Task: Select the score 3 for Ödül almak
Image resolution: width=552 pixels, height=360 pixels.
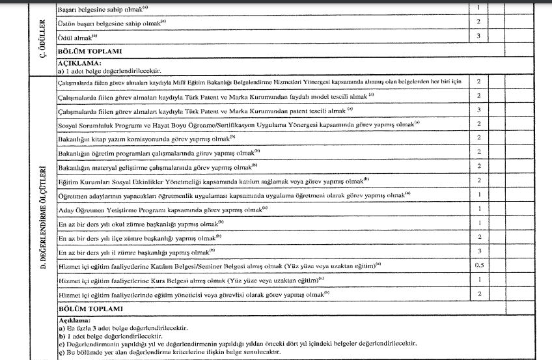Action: click(478, 36)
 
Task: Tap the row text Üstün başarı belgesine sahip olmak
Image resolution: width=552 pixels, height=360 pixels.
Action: click(113, 22)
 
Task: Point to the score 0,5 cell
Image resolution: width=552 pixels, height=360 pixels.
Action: click(478, 266)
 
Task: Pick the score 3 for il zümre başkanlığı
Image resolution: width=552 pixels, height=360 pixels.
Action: click(478, 251)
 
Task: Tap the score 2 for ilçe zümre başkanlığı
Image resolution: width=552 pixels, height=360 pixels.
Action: click(478, 237)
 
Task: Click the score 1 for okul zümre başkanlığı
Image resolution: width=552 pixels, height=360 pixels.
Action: click(478, 223)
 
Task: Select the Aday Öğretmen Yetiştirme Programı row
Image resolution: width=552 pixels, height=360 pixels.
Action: click(163, 209)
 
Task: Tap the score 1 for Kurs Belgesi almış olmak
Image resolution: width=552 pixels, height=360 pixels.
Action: click(478, 279)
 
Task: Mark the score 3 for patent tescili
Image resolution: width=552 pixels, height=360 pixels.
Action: click(478, 110)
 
